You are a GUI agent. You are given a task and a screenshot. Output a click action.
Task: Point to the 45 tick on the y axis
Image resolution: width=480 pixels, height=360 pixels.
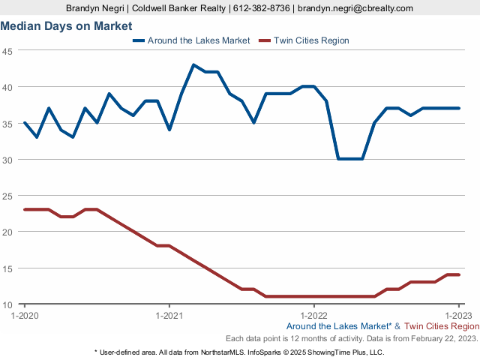point(7,52)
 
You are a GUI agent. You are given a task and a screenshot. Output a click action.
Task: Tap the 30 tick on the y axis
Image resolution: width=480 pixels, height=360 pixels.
point(7,160)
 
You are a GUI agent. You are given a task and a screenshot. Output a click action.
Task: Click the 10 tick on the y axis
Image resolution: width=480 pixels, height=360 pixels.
point(7,304)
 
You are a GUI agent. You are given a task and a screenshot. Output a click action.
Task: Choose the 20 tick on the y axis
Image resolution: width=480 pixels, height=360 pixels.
point(7,232)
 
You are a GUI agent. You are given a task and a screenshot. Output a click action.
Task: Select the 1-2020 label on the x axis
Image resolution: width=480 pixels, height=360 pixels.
point(25,314)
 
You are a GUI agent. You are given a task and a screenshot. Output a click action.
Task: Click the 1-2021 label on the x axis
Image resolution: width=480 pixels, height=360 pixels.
point(169,314)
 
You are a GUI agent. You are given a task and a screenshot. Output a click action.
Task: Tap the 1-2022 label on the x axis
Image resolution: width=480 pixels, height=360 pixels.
point(314,314)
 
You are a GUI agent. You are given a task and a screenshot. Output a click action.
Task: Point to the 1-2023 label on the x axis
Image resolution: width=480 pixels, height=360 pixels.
point(459,314)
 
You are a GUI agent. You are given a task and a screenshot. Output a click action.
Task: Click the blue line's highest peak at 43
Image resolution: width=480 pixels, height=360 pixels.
point(193,64)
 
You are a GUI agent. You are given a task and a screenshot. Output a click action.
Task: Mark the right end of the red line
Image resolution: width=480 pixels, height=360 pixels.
point(459,275)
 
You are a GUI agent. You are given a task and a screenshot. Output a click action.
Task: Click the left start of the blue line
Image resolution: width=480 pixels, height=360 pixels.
point(25,122)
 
